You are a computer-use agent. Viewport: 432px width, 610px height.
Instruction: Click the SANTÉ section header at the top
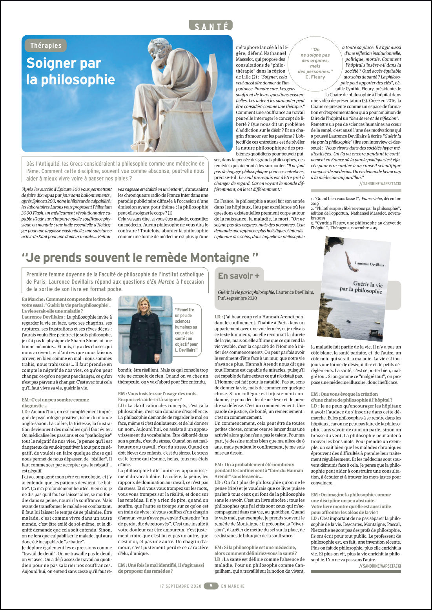click(x=211, y=26)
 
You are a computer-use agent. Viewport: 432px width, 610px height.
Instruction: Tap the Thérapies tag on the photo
click(x=46, y=46)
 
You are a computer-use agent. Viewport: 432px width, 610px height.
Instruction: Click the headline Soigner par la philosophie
click(x=71, y=71)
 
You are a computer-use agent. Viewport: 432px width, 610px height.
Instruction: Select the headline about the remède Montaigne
click(x=140, y=258)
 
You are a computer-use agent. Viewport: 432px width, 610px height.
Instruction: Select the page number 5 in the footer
click(x=211, y=586)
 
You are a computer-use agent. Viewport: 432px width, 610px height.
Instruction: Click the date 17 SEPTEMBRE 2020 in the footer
click(x=180, y=586)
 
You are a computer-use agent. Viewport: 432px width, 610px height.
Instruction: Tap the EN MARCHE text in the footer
click(x=233, y=586)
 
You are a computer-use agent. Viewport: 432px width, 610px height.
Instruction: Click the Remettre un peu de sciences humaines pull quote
click(x=186, y=330)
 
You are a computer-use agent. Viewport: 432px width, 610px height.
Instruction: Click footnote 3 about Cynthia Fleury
click(x=356, y=225)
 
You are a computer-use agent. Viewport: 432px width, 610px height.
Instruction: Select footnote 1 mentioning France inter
click(x=356, y=201)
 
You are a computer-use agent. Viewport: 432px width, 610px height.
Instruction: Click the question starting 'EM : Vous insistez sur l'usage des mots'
click(x=158, y=396)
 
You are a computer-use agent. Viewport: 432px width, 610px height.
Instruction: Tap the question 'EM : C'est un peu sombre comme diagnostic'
click(x=55, y=402)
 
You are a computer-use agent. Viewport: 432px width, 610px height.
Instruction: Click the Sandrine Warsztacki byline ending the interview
click(x=380, y=566)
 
